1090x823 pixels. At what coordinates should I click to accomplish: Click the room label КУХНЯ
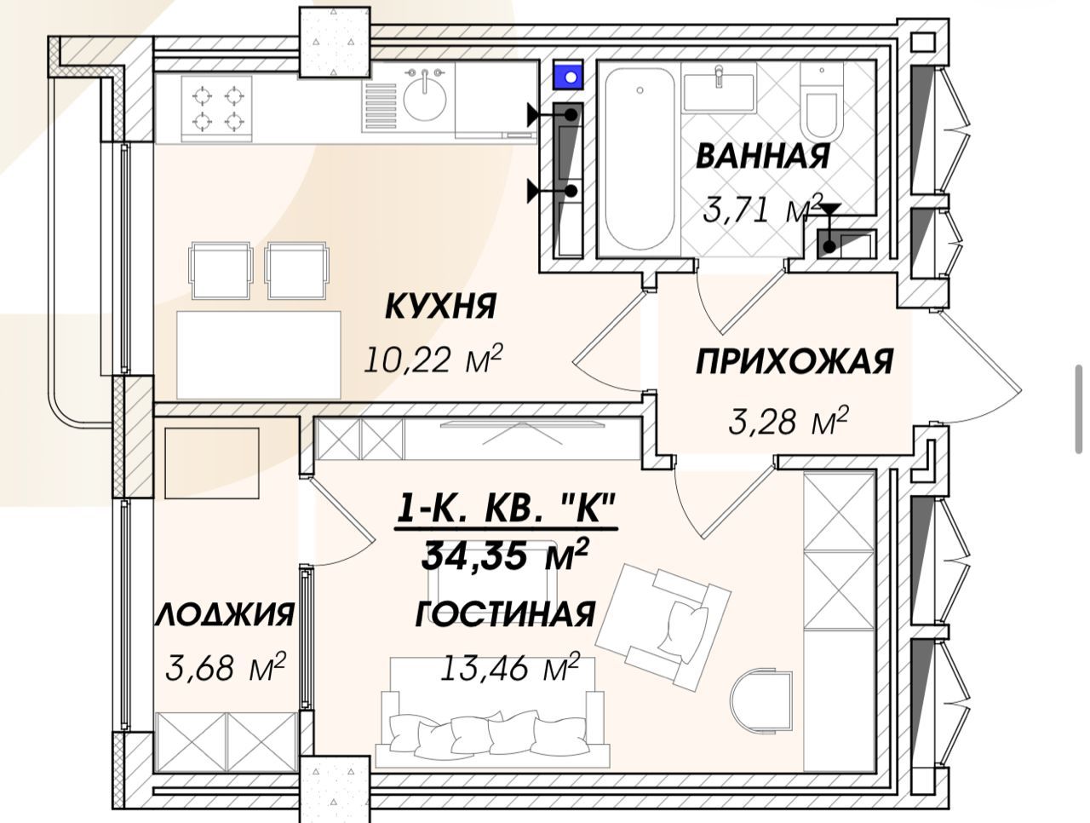[x=440, y=306]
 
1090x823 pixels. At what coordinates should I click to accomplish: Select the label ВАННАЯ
[x=762, y=157]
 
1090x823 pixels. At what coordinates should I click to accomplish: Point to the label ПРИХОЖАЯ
[x=794, y=362]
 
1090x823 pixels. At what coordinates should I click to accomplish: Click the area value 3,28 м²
[x=789, y=420]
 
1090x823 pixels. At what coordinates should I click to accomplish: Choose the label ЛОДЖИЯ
[x=225, y=614]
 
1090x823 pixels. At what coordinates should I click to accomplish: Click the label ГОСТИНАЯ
[x=504, y=614]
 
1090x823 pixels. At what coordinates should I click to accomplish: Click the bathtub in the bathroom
[x=640, y=162]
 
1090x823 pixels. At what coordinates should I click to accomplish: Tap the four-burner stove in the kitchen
[x=215, y=107]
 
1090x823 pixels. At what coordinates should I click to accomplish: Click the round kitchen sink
[x=425, y=97]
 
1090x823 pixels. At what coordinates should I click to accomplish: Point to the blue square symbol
[x=568, y=76]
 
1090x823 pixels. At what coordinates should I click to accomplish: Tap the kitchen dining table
[x=258, y=354]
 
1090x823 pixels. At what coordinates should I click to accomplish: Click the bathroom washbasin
[x=720, y=92]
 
